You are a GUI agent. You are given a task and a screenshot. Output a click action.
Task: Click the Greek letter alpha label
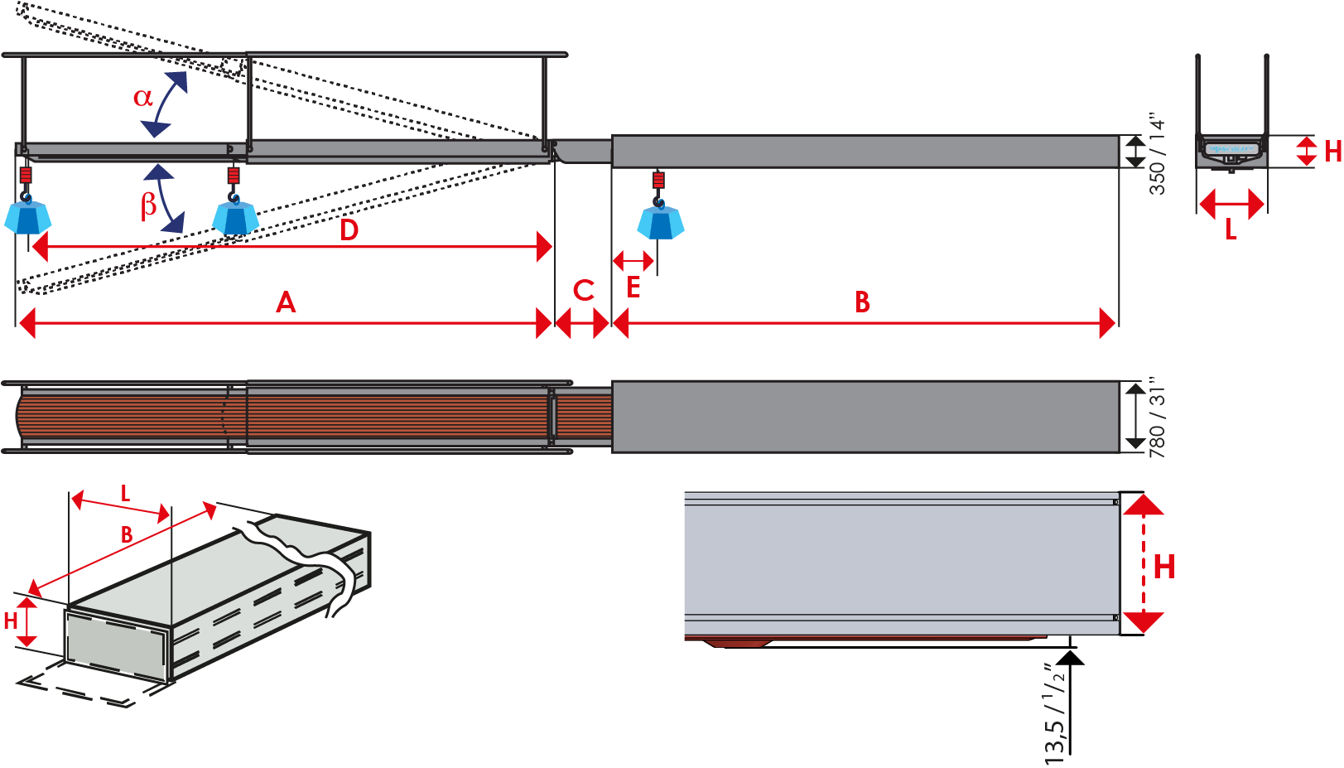tap(143, 97)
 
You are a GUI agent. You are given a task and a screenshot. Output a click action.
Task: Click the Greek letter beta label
tap(148, 204)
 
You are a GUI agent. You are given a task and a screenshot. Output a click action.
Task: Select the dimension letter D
tap(349, 230)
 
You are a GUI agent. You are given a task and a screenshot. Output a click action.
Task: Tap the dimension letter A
tap(286, 302)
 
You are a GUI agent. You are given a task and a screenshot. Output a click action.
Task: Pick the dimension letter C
tap(584, 291)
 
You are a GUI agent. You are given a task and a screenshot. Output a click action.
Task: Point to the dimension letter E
tap(633, 287)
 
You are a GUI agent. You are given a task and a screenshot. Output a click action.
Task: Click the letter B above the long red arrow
tap(862, 302)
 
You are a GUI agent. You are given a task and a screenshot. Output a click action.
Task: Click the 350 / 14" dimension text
tap(1157, 155)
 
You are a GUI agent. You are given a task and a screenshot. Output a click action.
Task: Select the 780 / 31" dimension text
tap(1157, 418)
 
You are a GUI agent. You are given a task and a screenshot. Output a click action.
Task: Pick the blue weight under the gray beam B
tap(660, 223)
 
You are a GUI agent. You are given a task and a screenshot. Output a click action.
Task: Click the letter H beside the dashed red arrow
tap(1163, 568)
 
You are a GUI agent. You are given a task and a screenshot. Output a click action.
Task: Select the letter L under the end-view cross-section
tap(1231, 230)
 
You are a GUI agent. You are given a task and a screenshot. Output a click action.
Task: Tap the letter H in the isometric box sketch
tap(11, 621)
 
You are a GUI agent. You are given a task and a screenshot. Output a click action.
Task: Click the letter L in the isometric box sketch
tap(125, 495)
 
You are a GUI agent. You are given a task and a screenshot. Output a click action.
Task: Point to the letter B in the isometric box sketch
tap(127, 535)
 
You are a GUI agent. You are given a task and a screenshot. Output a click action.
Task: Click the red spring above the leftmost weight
tap(26, 176)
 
